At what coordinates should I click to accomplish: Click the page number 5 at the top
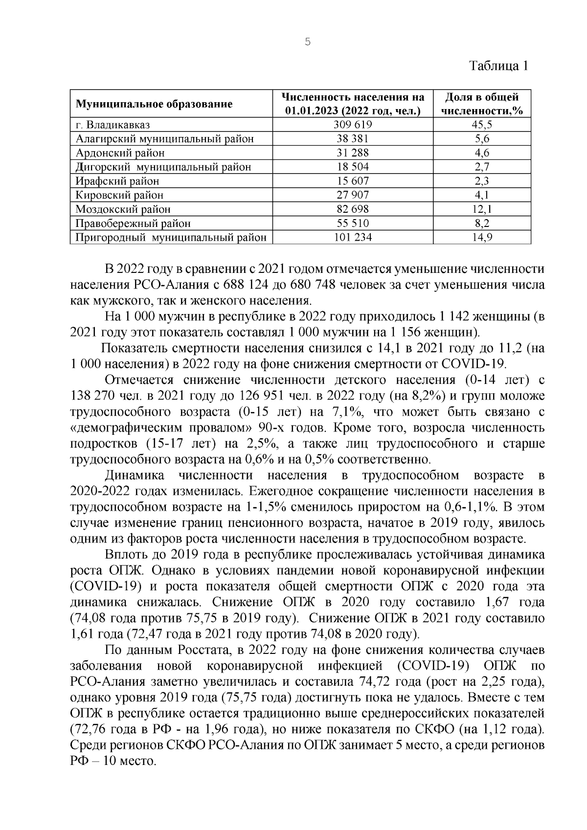click(307, 42)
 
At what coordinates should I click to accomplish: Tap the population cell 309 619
click(353, 125)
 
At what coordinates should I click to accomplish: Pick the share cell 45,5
click(482, 125)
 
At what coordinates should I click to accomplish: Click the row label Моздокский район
click(123, 209)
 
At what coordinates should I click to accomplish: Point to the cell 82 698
click(353, 209)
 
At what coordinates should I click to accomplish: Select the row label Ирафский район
click(117, 181)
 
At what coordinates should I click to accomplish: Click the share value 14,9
click(482, 238)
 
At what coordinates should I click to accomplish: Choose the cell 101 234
click(353, 238)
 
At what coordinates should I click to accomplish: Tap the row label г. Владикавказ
click(113, 125)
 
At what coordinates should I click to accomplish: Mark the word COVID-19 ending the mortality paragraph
click(475, 364)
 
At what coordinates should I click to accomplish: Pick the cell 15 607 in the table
click(353, 181)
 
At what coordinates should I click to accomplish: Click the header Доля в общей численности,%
click(482, 104)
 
